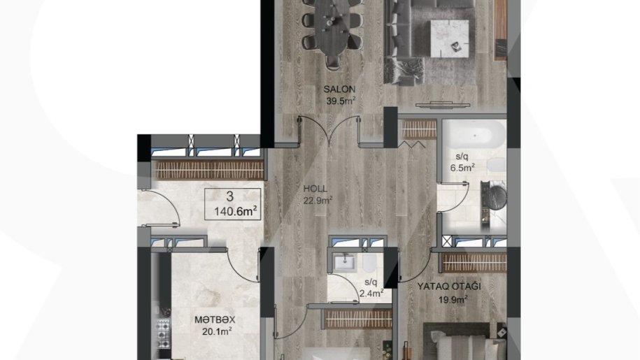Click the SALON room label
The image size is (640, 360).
pos(339,89)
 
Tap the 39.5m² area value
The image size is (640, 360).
pos(341,101)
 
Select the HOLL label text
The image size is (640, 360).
pos(315,189)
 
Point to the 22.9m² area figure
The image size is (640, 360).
pos(318,200)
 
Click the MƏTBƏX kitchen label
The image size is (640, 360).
pos(215,320)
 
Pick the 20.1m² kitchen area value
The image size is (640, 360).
pos(217,331)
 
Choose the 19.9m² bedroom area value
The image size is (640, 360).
pos(453,300)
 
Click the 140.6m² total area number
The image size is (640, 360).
pos(236,211)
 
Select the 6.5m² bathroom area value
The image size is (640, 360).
pos(462,167)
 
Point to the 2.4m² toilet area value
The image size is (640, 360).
pos(371,293)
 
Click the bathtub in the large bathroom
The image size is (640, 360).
pos(475,135)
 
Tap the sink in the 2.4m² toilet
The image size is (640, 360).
pos(345,262)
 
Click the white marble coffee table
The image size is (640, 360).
pos(450,38)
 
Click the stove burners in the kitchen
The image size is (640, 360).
pos(163,334)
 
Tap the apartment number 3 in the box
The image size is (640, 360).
pos(230,196)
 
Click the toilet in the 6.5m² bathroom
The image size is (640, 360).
pos(497,165)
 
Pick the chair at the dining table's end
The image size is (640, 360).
pos(333,62)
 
